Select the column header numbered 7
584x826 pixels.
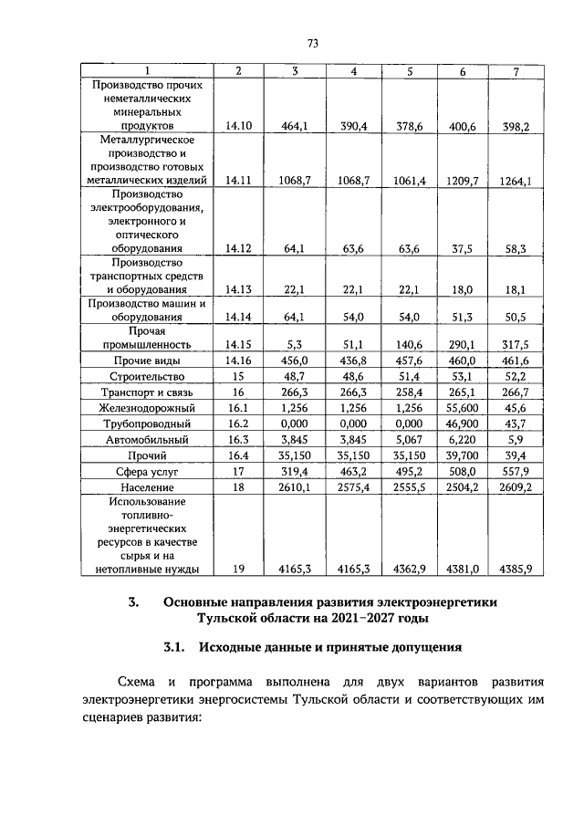coord(516,71)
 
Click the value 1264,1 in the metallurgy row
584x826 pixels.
coord(516,182)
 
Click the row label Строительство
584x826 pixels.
coord(147,376)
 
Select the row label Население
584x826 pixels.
coord(147,488)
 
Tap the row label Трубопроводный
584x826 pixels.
coord(147,423)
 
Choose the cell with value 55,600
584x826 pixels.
coord(462,408)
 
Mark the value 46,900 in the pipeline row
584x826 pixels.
coord(462,423)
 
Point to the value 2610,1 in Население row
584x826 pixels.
coord(295,488)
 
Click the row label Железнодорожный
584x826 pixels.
coord(147,408)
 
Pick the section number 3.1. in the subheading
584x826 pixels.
coord(173,648)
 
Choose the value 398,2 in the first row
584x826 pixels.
coord(516,127)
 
